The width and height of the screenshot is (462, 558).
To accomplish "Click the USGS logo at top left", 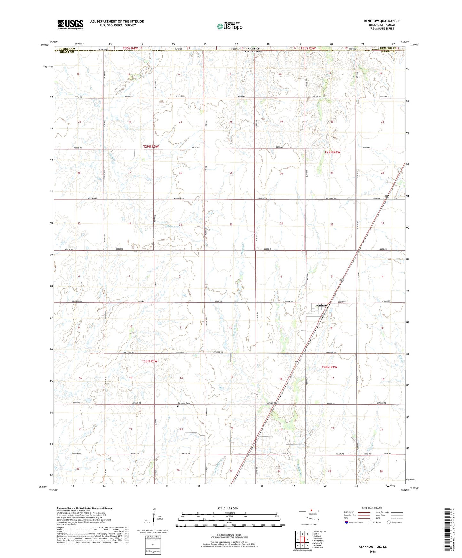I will click(70, 25).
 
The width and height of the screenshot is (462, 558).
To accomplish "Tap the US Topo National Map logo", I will click(230, 26).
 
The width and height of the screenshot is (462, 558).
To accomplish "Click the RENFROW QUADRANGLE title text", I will click(382, 21).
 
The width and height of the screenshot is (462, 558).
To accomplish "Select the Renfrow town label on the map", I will click(321, 305).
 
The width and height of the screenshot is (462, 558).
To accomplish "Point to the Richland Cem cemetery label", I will click(184, 403).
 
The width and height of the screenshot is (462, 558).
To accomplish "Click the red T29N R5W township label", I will click(151, 146).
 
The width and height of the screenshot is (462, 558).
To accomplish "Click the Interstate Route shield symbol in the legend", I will click(347, 522).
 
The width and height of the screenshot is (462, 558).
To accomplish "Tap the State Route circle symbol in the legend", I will click(389, 522).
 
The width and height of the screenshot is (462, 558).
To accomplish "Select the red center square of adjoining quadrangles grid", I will click(302, 539).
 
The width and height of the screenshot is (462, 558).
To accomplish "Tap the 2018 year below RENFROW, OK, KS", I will click(372, 551).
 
